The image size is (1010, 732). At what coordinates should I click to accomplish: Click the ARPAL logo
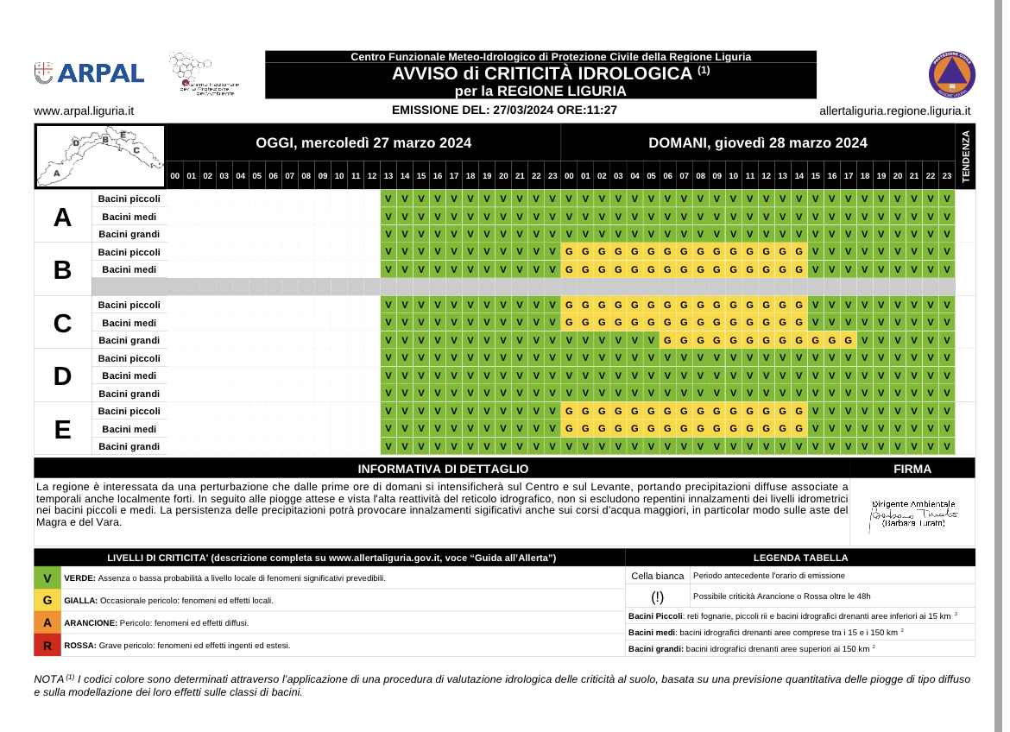click(89, 73)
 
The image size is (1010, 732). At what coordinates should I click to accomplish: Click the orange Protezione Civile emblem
click(951, 74)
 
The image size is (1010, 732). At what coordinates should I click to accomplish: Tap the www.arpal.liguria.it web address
click(84, 110)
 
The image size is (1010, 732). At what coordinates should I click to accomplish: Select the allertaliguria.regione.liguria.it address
click(894, 110)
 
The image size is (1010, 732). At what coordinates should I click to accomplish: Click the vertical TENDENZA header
click(965, 155)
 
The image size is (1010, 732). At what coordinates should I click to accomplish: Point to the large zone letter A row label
click(62, 217)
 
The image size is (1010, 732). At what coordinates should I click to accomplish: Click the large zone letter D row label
click(62, 375)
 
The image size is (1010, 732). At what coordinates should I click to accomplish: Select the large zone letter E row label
click(62, 429)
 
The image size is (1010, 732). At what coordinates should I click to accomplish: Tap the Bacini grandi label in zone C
click(129, 340)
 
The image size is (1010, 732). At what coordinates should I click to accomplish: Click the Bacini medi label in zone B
click(129, 269)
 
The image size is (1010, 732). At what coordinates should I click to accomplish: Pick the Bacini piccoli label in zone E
click(129, 411)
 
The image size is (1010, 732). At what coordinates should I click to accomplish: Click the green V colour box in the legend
click(47, 577)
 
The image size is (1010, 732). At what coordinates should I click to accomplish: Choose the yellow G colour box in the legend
click(47, 600)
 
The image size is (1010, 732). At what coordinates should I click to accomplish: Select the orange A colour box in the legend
click(47, 622)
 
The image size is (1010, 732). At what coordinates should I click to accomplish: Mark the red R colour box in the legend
click(47, 645)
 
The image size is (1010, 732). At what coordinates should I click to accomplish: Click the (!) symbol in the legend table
click(658, 596)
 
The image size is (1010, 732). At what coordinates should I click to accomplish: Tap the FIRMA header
click(912, 469)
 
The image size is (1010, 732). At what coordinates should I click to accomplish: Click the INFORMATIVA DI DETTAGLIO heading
click(443, 469)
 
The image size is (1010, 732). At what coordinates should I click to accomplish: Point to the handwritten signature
click(913, 514)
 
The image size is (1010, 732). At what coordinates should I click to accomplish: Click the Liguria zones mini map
click(99, 155)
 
